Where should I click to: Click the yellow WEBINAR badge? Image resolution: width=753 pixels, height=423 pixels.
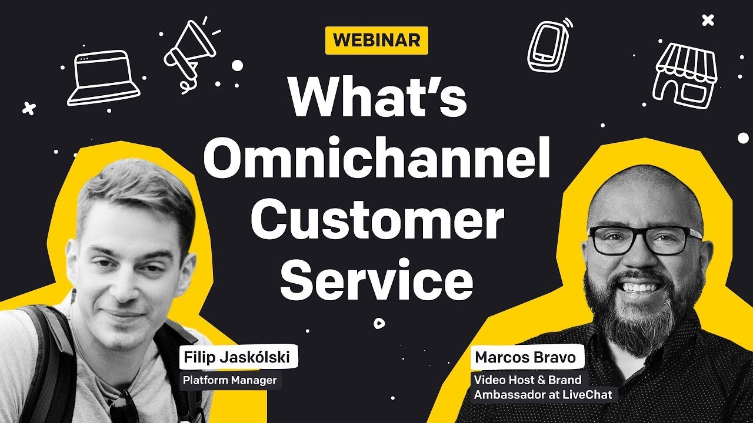[376, 41]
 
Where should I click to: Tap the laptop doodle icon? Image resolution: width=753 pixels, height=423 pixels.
[104, 78]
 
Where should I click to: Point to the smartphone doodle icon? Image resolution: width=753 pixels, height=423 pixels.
[548, 46]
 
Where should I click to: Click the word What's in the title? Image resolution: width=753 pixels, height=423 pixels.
[377, 96]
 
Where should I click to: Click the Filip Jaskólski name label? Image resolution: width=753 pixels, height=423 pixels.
[238, 357]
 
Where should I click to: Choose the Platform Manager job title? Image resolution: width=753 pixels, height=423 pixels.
[229, 380]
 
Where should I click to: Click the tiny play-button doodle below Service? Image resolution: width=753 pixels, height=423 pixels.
[379, 322]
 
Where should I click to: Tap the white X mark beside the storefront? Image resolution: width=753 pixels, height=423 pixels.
[708, 21]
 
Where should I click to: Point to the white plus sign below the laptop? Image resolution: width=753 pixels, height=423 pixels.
[28, 108]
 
